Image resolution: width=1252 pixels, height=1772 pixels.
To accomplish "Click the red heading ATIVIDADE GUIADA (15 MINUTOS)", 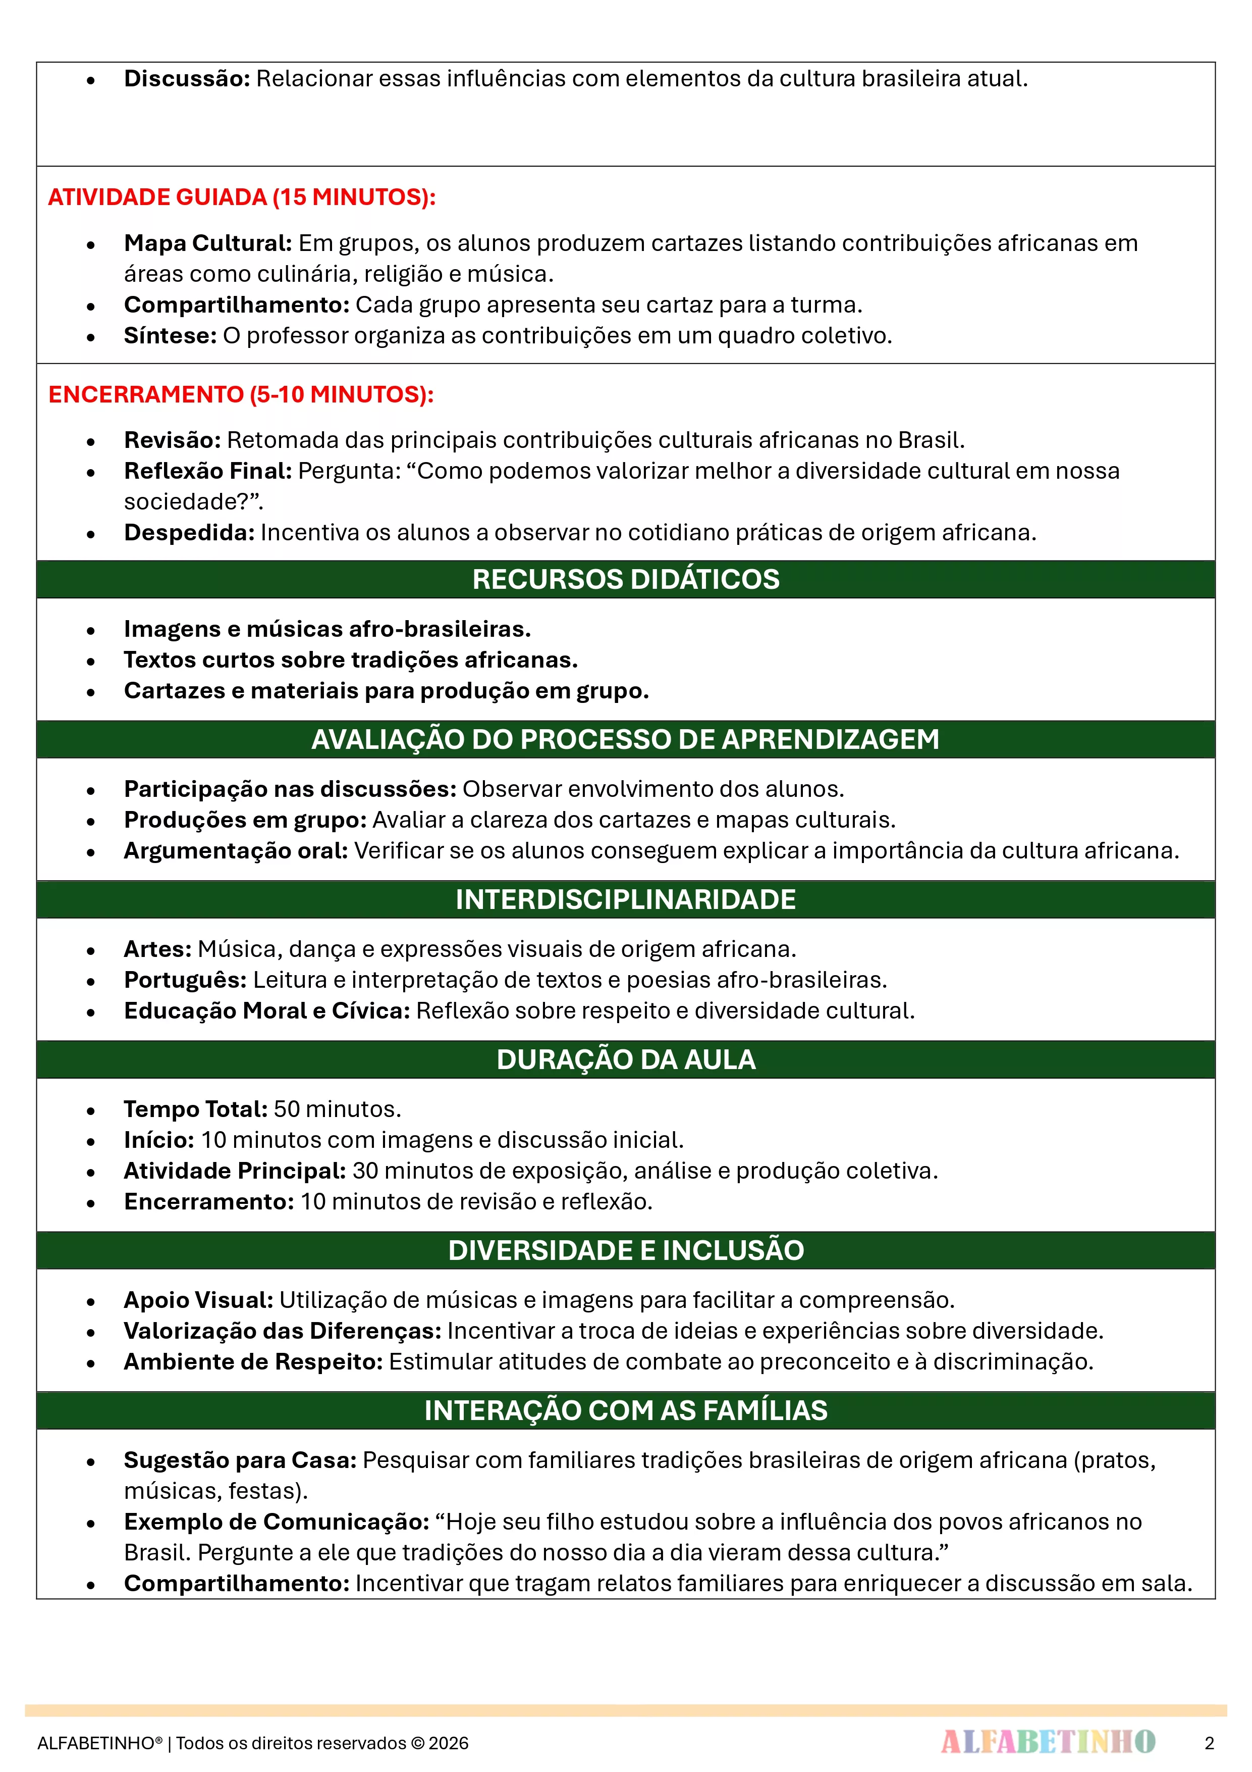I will click(241, 197).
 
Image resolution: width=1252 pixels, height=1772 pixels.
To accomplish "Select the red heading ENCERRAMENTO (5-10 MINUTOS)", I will click(241, 394).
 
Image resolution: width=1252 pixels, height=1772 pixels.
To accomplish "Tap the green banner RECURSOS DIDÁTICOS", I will click(626, 579).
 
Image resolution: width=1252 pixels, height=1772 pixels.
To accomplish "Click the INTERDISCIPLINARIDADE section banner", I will click(626, 899).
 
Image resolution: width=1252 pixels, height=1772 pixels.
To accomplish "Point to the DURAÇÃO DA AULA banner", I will click(626, 1059).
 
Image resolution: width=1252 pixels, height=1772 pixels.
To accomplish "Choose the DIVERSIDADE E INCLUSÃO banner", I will click(626, 1250).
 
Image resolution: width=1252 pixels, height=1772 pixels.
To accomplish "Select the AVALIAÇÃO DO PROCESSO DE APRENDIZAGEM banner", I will click(626, 739).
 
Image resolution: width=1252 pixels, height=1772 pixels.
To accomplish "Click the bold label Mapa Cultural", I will click(207, 243).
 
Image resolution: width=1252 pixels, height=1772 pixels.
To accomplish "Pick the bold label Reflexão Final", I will click(207, 471).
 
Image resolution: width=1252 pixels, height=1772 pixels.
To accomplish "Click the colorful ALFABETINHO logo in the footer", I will click(1048, 1742).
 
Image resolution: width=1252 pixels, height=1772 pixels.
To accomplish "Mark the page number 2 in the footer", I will click(1209, 1743).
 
